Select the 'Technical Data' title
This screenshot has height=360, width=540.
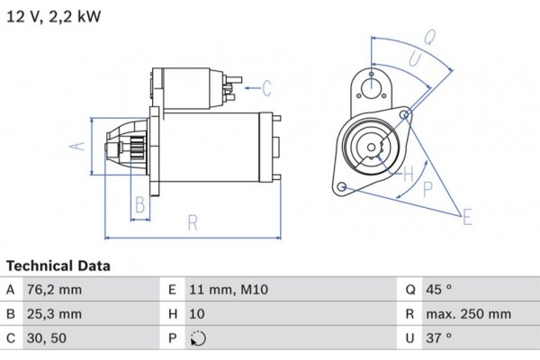(58, 266)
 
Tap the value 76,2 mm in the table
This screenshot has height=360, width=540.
(56, 290)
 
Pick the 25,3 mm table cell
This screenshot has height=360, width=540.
(56, 314)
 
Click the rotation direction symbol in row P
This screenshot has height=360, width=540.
(199, 339)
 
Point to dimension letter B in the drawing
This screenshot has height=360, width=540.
(139, 205)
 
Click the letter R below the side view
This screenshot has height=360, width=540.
(192, 222)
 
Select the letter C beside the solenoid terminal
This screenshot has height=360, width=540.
(266, 87)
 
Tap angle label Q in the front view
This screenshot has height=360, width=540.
(430, 37)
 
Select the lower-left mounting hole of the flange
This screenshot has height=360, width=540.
(342, 186)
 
